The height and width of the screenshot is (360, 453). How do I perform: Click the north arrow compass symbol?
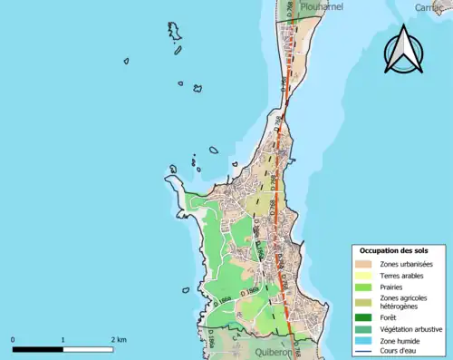pos(403,50)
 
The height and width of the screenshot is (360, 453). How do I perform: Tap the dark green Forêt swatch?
pos(367,318)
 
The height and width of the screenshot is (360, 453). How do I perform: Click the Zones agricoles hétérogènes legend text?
pos(405,303)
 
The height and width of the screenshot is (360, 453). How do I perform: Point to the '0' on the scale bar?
pos(13,339)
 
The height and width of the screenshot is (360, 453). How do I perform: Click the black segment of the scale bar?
pos(37,349)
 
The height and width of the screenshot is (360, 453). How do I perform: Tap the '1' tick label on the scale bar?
pos(63,339)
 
